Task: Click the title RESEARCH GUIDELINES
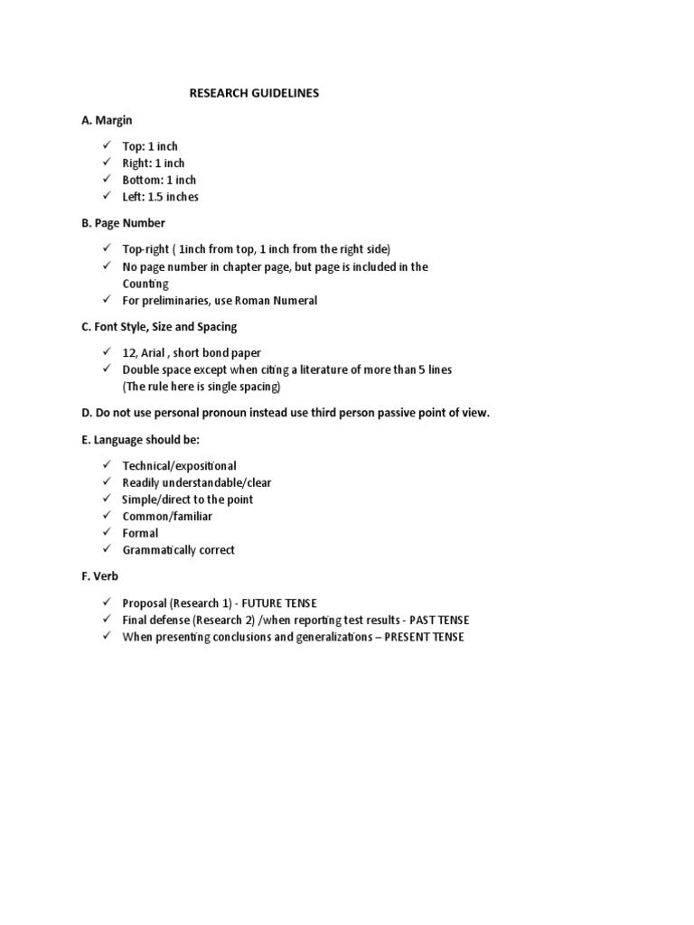tap(254, 93)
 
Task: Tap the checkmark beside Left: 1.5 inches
tap(106, 196)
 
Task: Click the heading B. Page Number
tap(123, 222)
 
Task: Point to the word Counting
tap(145, 284)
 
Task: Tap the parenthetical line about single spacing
tap(202, 387)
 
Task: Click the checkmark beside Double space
tap(106, 369)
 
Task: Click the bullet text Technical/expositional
tap(180, 466)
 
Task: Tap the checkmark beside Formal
tap(106, 532)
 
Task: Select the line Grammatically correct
tap(179, 550)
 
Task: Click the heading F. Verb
tap(99, 575)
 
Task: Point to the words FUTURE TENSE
tap(279, 603)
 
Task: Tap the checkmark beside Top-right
tap(106, 248)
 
